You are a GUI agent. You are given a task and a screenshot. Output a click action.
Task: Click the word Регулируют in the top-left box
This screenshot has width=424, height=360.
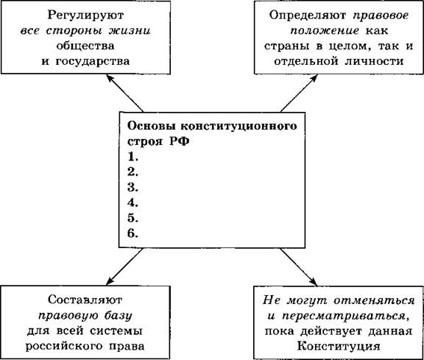point(85,15)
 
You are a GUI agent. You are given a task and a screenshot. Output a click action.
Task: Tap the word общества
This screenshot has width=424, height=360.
point(85,46)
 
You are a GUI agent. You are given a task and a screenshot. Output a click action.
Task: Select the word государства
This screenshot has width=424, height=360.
point(93,61)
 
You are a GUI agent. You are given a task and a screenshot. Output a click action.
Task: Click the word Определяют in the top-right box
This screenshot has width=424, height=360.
point(307,15)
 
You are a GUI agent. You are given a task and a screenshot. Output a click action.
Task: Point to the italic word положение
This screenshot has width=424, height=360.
point(325,31)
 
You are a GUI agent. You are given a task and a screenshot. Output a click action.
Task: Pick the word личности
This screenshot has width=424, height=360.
point(374,61)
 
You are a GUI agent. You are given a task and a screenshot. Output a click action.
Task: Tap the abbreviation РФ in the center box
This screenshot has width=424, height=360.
point(180,141)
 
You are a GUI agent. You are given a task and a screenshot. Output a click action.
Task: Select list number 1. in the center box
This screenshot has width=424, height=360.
point(132,157)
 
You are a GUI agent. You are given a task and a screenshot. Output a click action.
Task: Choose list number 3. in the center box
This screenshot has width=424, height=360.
point(132,188)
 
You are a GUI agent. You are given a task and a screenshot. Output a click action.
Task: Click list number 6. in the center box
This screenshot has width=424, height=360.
point(132,233)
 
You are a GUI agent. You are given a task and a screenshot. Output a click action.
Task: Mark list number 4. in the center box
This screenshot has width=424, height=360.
point(132,203)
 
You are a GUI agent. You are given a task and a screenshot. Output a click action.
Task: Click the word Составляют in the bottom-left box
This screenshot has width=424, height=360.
point(85,300)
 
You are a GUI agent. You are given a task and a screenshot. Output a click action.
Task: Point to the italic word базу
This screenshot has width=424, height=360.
point(119,316)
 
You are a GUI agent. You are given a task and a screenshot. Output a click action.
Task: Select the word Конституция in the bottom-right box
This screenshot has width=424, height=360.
point(339,346)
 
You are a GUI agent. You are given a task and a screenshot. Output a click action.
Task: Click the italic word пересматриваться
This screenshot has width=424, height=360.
point(344,316)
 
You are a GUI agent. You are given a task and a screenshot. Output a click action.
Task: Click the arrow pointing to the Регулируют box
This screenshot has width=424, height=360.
point(124,93)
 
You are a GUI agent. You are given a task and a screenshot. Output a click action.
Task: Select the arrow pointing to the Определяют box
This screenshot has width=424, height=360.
point(299,93)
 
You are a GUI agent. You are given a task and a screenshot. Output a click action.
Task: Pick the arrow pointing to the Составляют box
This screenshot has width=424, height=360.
point(124,267)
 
